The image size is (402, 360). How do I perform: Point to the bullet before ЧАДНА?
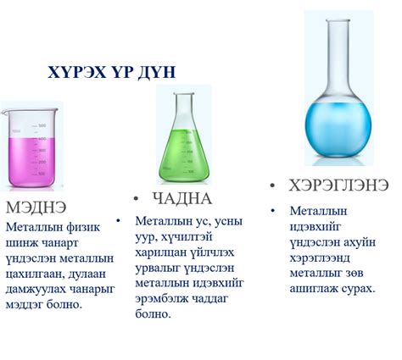(137, 198)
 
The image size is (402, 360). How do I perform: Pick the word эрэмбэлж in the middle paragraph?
(159, 297)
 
